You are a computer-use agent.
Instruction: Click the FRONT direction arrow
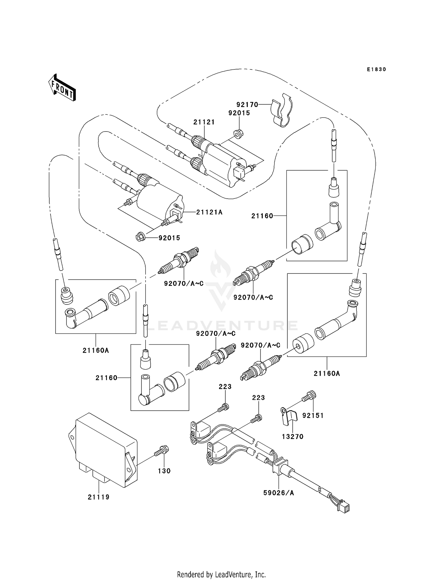62,88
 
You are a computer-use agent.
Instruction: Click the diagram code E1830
376,69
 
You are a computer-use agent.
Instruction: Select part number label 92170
247,105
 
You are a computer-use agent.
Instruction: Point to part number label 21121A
209,212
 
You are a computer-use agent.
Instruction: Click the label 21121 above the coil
204,122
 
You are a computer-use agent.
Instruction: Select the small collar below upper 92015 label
238,133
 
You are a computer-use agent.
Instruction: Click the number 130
164,471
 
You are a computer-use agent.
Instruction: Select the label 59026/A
278,493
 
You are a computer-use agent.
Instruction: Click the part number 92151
313,415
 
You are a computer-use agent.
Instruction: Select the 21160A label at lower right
327,374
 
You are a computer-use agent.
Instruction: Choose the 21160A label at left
96,351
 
